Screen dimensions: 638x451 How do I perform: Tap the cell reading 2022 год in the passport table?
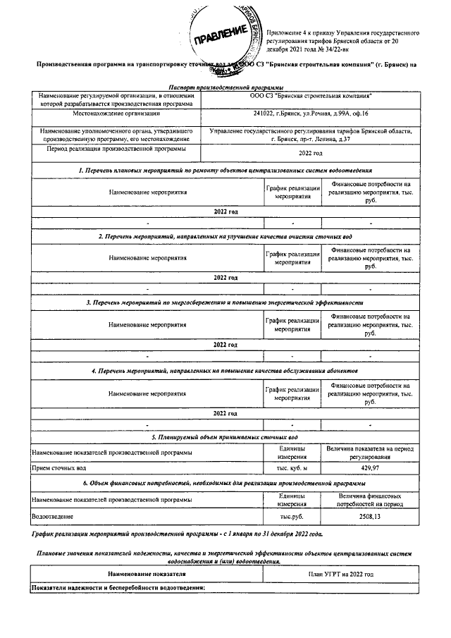point(310,152)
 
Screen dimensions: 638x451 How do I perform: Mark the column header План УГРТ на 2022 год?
point(341,575)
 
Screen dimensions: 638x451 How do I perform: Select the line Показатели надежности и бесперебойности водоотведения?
point(117,588)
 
